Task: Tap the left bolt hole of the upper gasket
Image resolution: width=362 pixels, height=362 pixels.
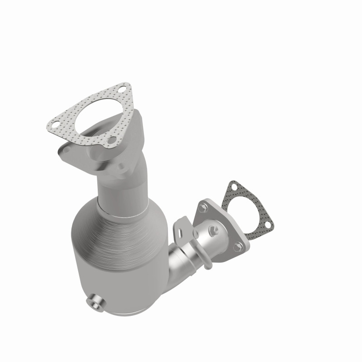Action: [x=54, y=124]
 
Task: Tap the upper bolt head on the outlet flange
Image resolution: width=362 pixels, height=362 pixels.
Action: [x=203, y=208]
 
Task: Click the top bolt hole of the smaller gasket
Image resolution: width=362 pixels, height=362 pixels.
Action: [x=234, y=186]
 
